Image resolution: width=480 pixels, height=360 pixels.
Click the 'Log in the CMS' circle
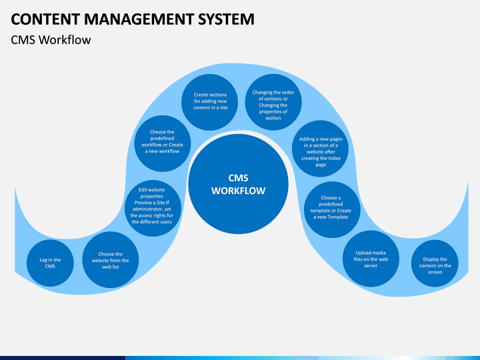[x=50, y=263]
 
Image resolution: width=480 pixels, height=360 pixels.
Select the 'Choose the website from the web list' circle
[x=111, y=260]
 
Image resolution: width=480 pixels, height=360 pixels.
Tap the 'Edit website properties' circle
[x=153, y=208]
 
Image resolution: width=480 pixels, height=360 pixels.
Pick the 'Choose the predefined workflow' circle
[x=163, y=143]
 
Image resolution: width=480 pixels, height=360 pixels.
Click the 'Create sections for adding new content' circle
[x=210, y=102]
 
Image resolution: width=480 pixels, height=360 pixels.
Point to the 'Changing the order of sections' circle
[x=273, y=102]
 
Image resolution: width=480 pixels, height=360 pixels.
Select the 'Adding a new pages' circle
[x=320, y=149]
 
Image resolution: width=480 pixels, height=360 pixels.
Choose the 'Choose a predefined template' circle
[x=332, y=210]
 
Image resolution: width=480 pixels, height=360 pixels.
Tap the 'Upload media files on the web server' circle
[x=371, y=259]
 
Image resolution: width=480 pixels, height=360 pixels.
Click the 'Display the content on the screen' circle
[x=435, y=263]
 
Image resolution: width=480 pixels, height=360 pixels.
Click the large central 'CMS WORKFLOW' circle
[x=238, y=184]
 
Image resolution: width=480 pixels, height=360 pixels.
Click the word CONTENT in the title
[x=45, y=19]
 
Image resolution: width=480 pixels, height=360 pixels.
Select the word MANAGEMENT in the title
[x=139, y=19]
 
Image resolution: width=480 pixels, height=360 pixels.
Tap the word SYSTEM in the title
[x=226, y=19]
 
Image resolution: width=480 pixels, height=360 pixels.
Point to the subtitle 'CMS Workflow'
[x=51, y=40]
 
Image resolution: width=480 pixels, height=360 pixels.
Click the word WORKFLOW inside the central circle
[x=238, y=191]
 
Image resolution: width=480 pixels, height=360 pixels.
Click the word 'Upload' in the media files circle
[x=363, y=253]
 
